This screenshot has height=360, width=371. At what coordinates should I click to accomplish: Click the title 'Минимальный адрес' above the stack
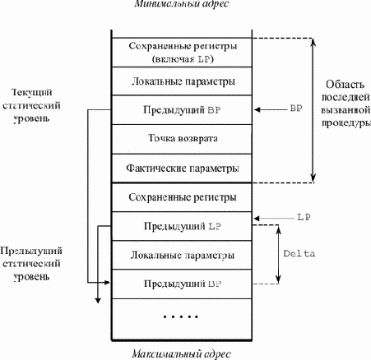tap(182, 3)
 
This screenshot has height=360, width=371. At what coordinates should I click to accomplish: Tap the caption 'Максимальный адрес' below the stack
tap(182, 353)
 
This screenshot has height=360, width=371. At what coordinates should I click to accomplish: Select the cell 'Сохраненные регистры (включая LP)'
tap(182, 53)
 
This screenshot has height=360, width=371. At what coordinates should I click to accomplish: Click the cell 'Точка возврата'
tap(182, 139)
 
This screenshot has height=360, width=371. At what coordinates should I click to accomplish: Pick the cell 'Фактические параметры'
tap(182, 168)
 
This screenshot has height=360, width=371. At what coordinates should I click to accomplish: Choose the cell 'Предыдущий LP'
tap(182, 226)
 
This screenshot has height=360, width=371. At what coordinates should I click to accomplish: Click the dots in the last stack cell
tap(180, 317)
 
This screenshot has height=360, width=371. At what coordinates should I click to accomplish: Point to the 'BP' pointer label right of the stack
tap(296, 108)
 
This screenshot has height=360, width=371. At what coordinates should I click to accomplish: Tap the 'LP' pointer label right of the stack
tap(304, 217)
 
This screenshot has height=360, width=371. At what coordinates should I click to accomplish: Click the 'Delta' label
tap(299, 254)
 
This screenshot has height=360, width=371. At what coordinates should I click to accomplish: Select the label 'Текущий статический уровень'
tap(31, 105)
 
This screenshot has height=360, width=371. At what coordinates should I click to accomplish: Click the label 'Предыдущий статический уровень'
tap(31, 264)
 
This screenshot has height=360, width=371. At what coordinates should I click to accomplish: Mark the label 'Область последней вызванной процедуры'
tap(346, 104)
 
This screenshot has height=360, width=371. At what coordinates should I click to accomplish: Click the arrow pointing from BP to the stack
tap(271, 109)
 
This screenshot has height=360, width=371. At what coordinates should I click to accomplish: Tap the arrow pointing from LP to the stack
tap(274, 219)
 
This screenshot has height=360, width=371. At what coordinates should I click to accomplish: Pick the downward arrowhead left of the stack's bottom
tap(98, 301)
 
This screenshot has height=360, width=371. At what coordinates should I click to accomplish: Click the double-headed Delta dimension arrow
tap(278, 254)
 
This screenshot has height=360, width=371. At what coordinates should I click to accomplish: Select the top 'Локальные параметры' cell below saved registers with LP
tap(182, 81)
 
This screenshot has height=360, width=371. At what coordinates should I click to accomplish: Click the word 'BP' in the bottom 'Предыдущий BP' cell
tap(215, 284)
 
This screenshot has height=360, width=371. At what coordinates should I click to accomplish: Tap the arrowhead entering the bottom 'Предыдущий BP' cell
tap(107, 282)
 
